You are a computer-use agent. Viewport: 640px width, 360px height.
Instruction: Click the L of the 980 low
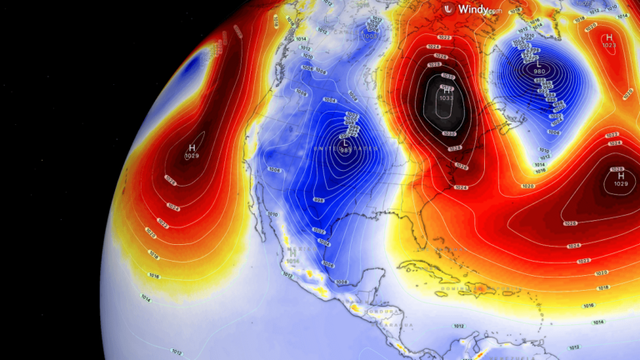tap(539, 63)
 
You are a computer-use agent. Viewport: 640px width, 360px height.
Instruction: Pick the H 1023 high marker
tap(608, 37)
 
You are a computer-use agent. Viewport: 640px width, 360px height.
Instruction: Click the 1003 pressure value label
tap(369, 37)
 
